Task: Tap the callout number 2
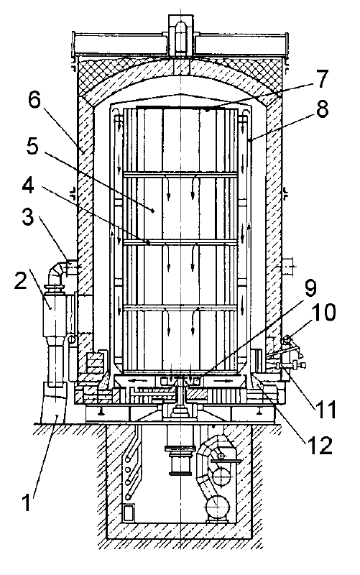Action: tap(22, 281)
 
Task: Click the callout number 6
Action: tap(34, 100)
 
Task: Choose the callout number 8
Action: tap(322, 109)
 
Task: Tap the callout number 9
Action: tap(310, 289)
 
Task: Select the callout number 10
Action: tap(323, 312)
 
